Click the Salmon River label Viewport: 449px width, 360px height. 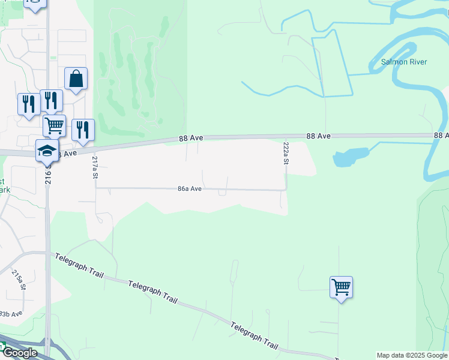403,62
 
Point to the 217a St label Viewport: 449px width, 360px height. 95,169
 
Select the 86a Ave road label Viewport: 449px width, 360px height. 189,188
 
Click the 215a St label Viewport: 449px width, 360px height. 19,280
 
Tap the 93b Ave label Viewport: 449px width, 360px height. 10,314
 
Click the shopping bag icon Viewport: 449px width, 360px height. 76,79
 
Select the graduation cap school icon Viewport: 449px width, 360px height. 47,151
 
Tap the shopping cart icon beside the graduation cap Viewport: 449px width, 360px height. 54,125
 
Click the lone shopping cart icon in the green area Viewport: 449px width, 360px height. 341,287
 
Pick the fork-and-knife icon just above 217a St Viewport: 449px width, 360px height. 83,130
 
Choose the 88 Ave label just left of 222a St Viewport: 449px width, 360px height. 319,136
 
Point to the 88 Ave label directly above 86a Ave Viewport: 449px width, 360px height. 191,138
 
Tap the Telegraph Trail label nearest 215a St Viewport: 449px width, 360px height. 79,266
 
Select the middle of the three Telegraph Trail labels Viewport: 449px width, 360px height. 153,290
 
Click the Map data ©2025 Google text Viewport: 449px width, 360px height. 412,355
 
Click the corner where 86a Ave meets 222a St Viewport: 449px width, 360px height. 286,190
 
